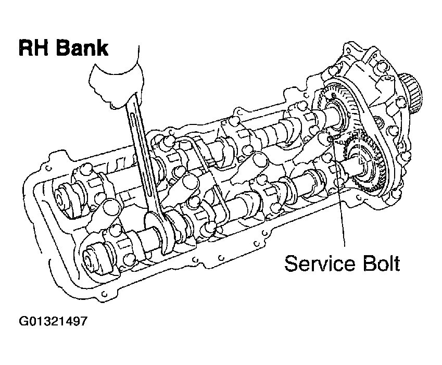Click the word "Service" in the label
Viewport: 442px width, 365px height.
pos(317,263)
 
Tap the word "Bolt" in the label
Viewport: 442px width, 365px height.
pos(380,263)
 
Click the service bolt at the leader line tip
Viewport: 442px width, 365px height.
pos(332,140)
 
